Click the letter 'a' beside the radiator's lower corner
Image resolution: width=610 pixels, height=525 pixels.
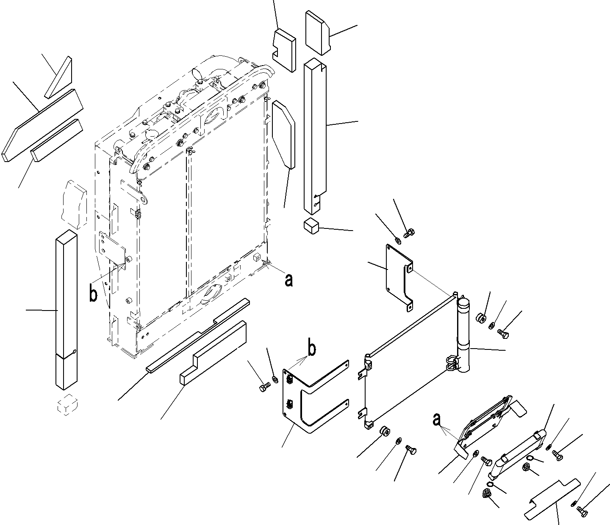[288, 280]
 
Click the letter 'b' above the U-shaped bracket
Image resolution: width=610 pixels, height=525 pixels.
[311, 349]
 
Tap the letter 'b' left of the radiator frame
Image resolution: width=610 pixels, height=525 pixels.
[93, 295]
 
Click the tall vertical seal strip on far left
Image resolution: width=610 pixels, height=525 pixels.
[66, 309]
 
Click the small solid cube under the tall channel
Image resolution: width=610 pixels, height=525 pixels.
[311, 226]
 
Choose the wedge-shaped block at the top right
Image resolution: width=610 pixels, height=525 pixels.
[317, 33]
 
